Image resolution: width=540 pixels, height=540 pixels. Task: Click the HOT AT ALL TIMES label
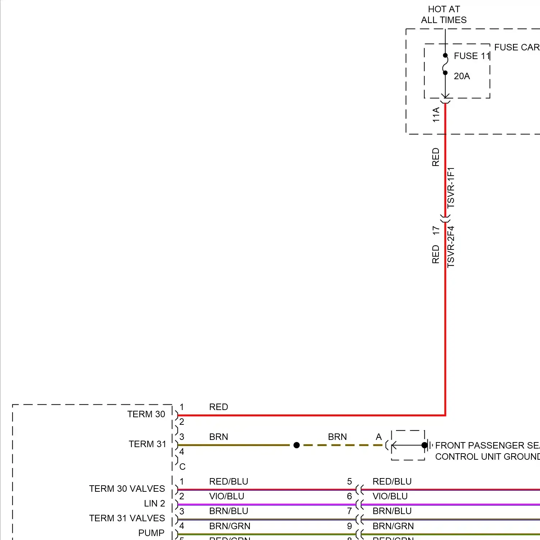[x=444, y=14]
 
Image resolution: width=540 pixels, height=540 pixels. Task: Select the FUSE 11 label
[x=472, y=56]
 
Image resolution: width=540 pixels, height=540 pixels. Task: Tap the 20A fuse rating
[x=462, y=76]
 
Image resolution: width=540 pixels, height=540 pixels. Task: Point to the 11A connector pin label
[x=436, y=114]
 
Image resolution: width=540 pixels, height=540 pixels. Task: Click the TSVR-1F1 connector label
[x=451, y=188]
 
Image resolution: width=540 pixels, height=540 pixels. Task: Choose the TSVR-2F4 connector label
[x=451, y=247]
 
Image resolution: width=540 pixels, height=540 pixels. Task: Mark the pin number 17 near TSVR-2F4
[x=436, y=230]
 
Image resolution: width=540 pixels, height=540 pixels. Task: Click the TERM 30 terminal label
[x=146, y=414]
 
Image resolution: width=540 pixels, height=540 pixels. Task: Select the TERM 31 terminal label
[x=148, y=444]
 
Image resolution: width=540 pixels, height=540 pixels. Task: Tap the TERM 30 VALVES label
[x=127, y=489]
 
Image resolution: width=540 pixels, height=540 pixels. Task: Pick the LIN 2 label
[x=154, y=504]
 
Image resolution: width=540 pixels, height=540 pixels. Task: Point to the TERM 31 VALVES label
[x=127, y=518]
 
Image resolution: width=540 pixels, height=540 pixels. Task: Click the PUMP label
[x=151, y=533]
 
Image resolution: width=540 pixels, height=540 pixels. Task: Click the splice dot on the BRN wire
[x=297, y=445]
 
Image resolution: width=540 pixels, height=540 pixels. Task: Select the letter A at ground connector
[x=379, y=437]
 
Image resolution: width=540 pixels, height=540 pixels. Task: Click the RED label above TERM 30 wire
[x=219, y=407]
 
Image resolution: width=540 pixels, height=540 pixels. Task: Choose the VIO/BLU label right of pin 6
[x=390, y=496]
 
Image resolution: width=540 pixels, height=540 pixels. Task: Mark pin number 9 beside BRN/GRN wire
[x=350, y=526]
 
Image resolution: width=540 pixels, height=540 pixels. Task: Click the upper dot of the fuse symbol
[x=445, y=55]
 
